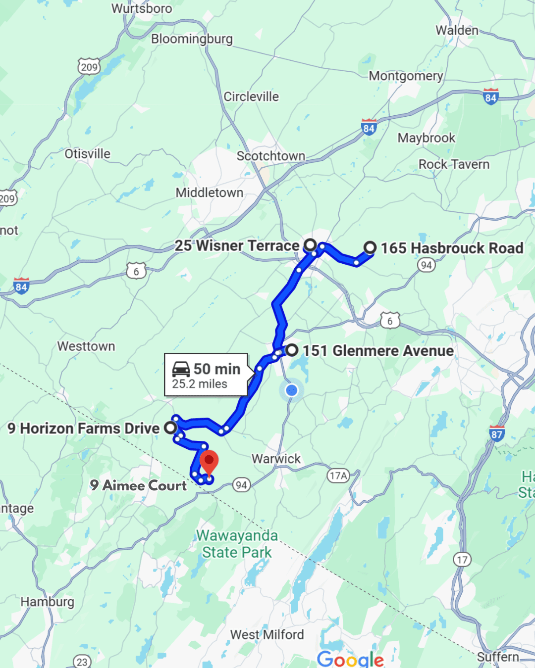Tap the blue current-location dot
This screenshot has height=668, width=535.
(292, 390)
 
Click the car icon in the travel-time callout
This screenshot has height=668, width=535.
(181, 369)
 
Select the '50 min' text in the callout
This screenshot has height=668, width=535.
(216, 369)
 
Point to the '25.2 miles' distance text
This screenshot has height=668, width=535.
(200, 384)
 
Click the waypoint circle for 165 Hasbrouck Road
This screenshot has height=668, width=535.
(370, 247)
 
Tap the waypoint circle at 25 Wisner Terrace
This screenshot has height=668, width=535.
(310, 245)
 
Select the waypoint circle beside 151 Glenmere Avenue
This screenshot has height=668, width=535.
(292, 350)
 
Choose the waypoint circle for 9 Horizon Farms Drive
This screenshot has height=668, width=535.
(170, 428)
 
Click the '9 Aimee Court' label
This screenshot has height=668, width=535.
(138, 485)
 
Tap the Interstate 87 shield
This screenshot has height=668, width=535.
(496, 433)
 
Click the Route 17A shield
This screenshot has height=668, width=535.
(338, 476)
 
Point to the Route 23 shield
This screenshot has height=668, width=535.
(82, 662)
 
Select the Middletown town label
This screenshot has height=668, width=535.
(210, 192)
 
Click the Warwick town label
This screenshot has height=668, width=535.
(276, 459)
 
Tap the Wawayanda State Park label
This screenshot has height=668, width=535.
(237, 544)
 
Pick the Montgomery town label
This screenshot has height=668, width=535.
(406, 76)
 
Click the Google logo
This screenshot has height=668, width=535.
(350, 659)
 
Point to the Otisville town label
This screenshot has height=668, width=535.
(88, 154)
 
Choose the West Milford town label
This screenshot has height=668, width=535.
(267, 634)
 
